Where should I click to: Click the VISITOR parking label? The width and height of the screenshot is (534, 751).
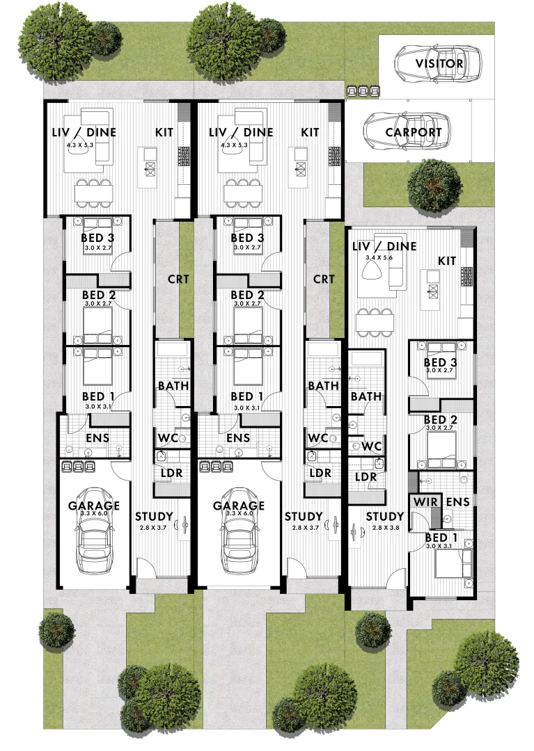(x=439, y=64)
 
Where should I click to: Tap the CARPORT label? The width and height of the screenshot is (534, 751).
(x=414, y=132)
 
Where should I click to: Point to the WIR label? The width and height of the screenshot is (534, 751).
(x=425, y=501)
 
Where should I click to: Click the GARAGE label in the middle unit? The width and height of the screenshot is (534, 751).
(x=239, y=506)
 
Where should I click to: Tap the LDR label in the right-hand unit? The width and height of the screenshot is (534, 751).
(x=366, y=477)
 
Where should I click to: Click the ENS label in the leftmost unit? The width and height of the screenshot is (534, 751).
(x=97, y=438)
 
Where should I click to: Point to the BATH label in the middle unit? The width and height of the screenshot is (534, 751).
(x=323, y=386)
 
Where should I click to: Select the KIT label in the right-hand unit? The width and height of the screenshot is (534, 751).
(x=447, y=260)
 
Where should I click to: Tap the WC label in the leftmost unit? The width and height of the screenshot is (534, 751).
(x=167, y=438)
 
